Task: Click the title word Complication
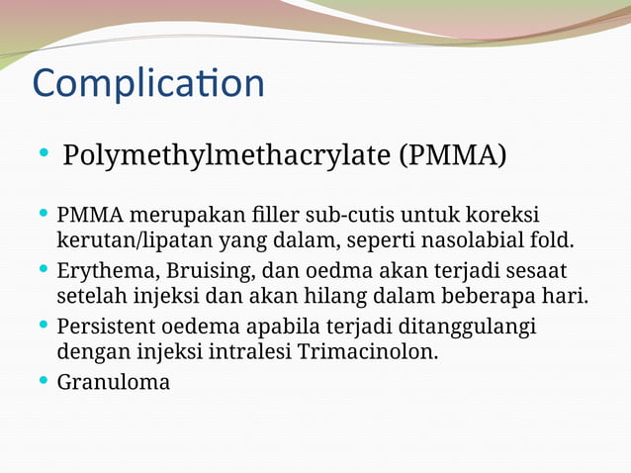[148, 84]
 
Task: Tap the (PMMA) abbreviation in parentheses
[451, 156]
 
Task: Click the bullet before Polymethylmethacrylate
[44, 154]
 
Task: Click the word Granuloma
[114, 382]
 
